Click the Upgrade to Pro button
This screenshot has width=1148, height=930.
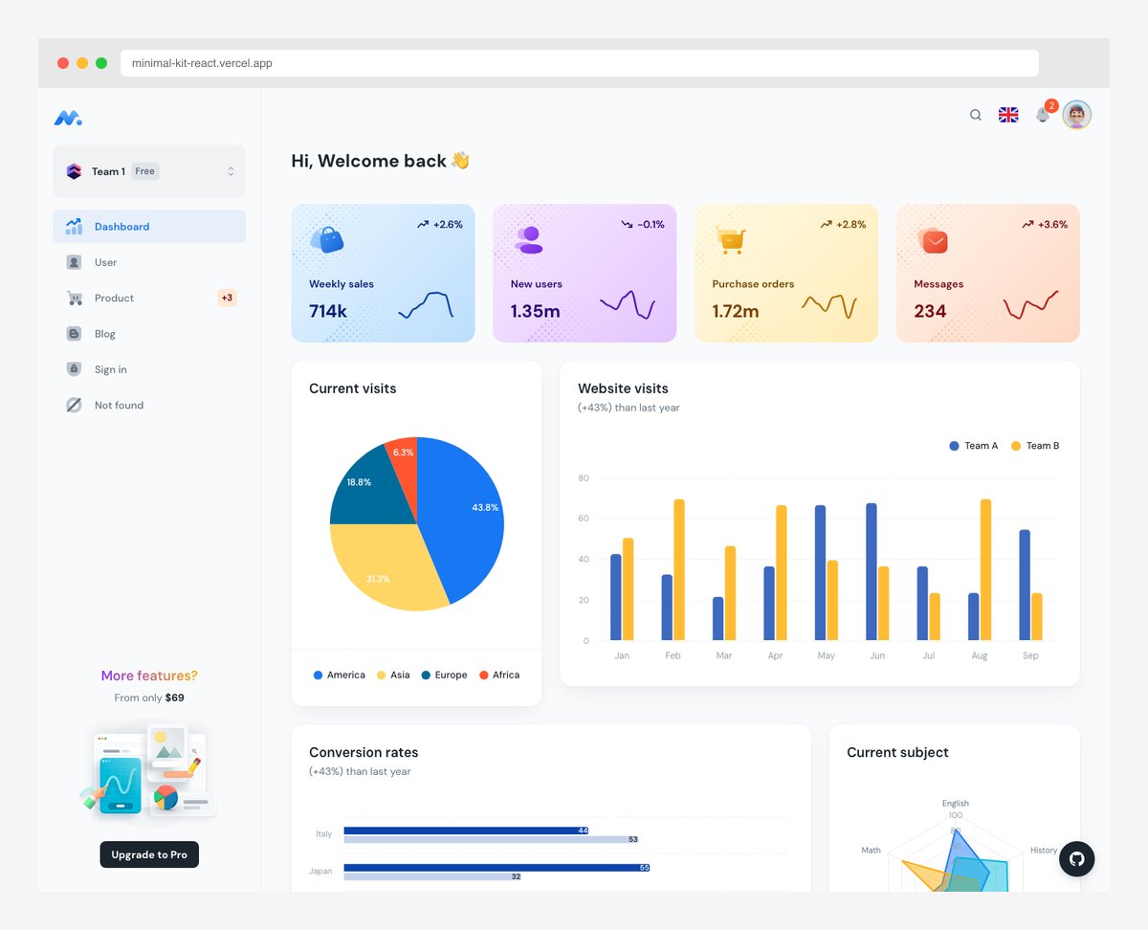tap(149, 854)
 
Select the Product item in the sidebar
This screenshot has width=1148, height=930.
tap(114, 299)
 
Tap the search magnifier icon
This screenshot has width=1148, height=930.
tap(976, 115)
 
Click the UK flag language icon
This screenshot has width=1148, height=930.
tap(1008, 115)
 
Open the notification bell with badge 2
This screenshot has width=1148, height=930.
tap(1043, 115)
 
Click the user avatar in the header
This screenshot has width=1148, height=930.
tap(1077, 115)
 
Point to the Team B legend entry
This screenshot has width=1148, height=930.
tap(1035, 446)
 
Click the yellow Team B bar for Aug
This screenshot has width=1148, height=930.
tap(985, 570)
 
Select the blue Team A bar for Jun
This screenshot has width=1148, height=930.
tap(872, 572)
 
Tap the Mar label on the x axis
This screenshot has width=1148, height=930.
tap(724, 656)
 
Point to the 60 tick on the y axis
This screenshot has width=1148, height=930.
tap(584, 519)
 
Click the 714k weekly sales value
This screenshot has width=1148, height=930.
tap(328, 311)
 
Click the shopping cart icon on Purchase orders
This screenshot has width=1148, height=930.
tap(732, 239)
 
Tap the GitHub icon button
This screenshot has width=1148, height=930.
tap(1076, 859)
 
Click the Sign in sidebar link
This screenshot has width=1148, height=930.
tap(110, 370)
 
